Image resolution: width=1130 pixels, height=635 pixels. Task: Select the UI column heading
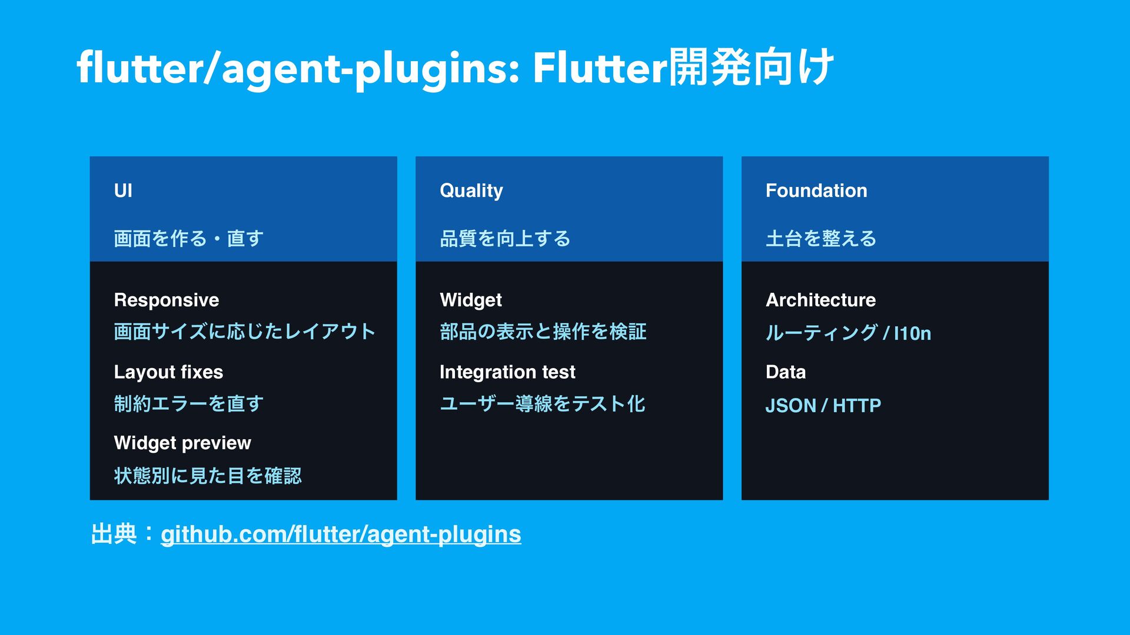123,190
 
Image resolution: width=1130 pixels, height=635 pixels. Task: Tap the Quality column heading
471,191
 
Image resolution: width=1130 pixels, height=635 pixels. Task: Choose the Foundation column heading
816,190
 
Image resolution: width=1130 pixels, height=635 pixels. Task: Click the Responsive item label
167,300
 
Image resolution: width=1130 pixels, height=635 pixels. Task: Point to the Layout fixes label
168,372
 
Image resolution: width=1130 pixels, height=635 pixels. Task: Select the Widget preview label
182,443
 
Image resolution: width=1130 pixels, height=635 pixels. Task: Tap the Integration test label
507,372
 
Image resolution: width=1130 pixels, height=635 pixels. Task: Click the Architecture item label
820,300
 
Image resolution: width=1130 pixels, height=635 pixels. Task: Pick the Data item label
786,372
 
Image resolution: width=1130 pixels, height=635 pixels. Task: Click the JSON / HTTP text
823,405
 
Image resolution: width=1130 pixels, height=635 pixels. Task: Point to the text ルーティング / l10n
848,333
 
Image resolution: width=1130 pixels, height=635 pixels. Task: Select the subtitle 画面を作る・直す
188,239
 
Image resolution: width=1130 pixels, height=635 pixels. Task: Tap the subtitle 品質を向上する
505,239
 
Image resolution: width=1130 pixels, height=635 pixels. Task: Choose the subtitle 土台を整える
821,239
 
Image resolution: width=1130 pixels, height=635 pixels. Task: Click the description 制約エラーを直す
188,404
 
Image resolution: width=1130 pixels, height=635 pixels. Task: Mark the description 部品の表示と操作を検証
543,332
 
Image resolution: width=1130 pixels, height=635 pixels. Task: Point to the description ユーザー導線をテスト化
543,404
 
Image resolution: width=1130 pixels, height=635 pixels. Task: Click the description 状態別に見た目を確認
208,476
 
